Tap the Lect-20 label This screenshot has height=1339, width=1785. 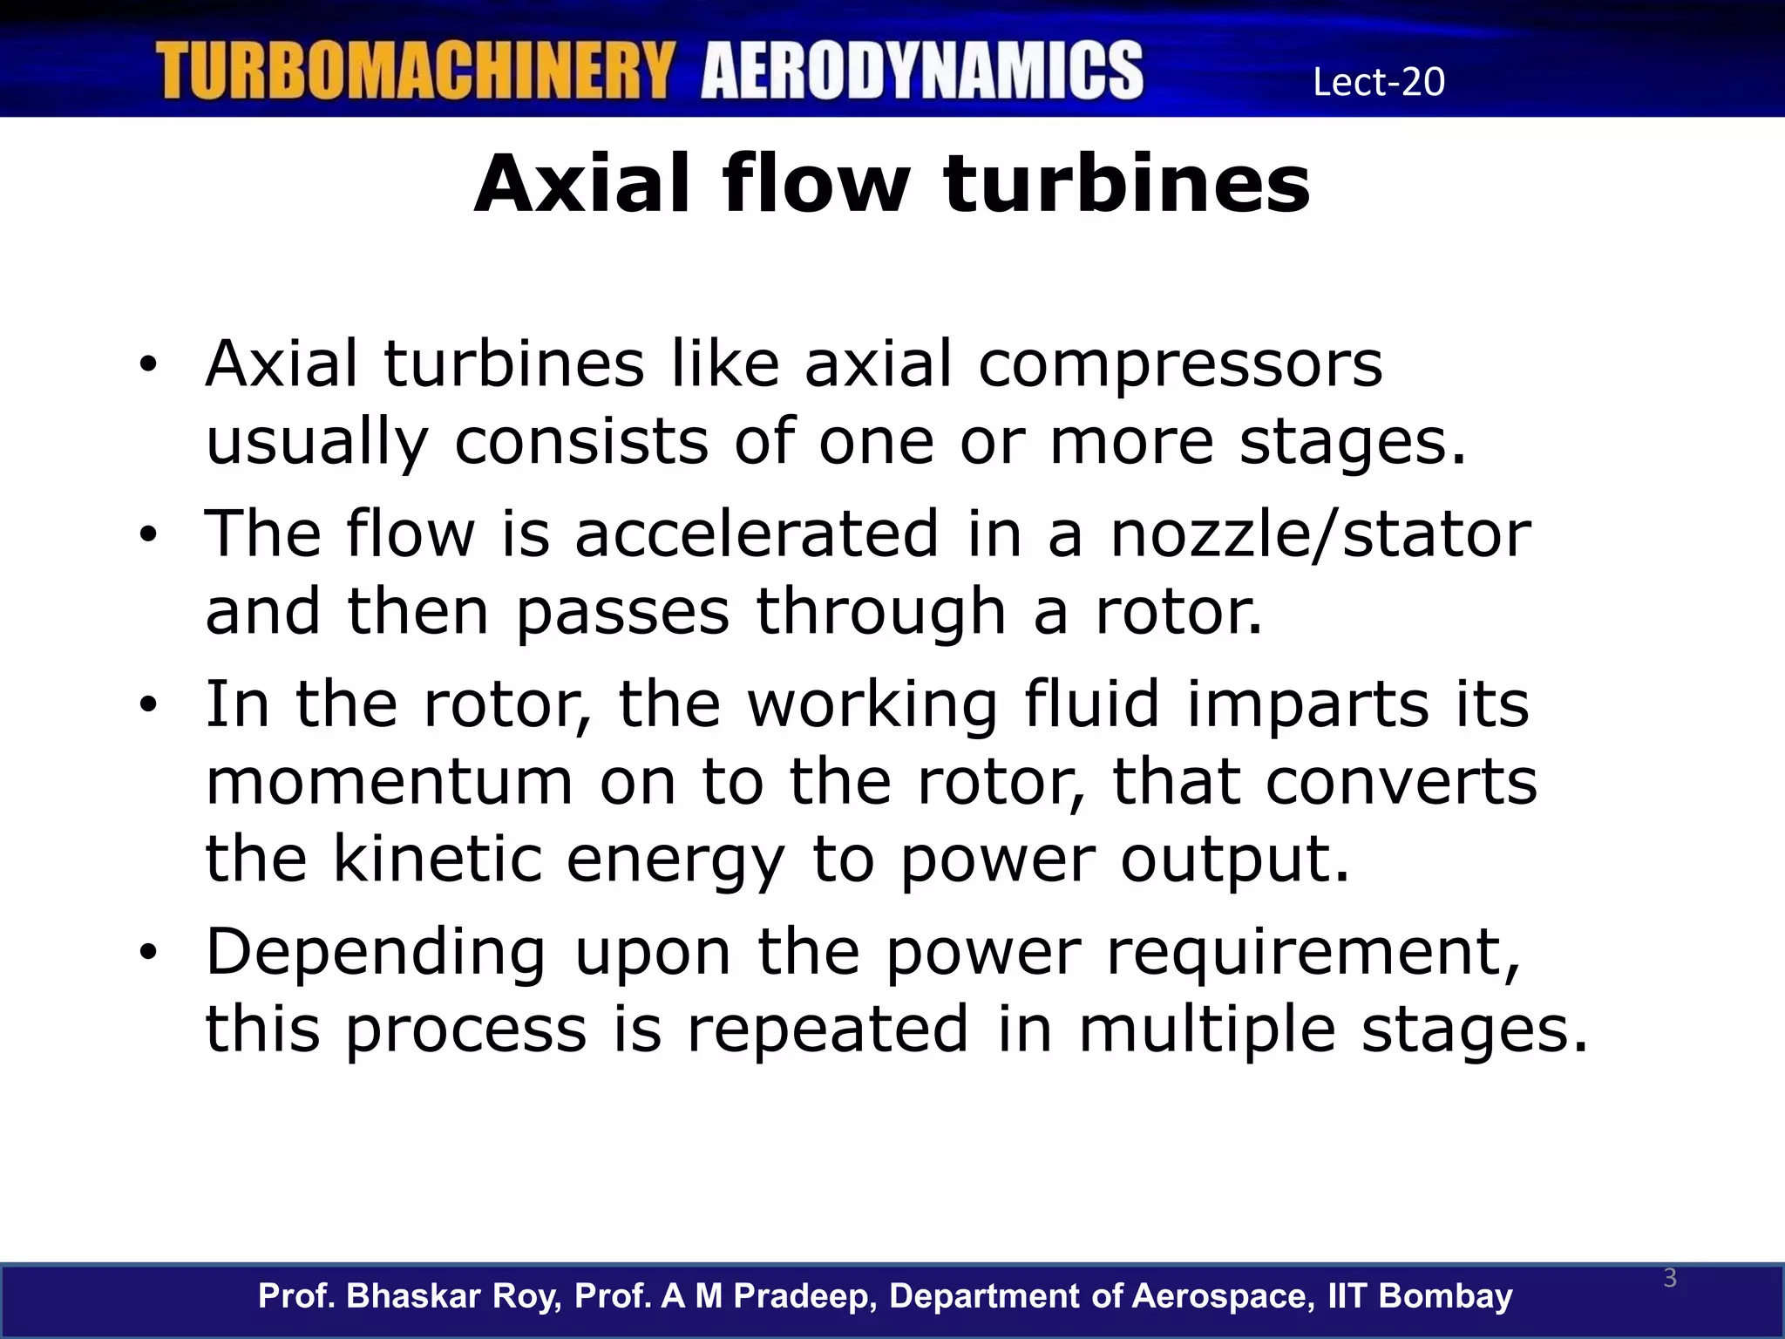(1379, 82)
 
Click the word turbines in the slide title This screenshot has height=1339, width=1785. (1126, 184)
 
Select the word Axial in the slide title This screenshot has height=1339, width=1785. (580, 184)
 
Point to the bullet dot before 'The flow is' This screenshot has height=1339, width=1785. (148, 534)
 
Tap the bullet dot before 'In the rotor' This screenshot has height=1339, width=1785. (148, 704)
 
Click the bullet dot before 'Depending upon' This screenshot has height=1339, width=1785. (148, 953)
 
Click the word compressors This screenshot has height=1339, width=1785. (1180, 364)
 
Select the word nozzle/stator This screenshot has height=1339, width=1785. (1320, 534)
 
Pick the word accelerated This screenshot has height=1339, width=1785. (757, 534)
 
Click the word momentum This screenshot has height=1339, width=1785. (389, 782)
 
